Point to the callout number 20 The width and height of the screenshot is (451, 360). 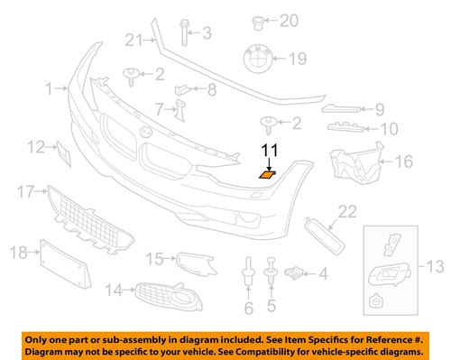pyautogui.click(x=288, y=19)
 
